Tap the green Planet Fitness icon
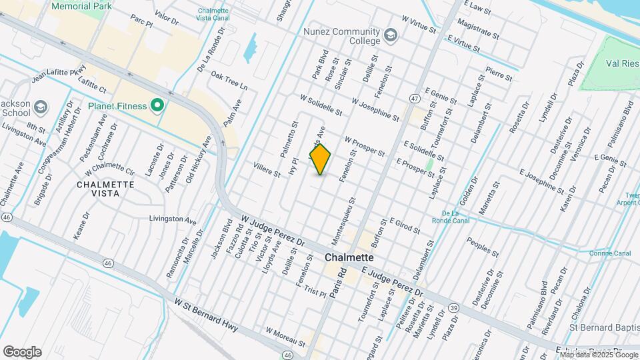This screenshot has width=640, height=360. [157, 106]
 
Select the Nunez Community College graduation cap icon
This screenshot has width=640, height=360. [390, 34]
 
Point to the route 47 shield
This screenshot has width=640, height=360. [415, 99]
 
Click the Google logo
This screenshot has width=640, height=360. [22, 351]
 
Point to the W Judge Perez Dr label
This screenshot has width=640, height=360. [273, 230]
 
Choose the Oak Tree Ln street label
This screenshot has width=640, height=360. [229, 87]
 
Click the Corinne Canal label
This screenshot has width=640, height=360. [609, 253]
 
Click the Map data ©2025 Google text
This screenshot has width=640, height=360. [599, 354]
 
